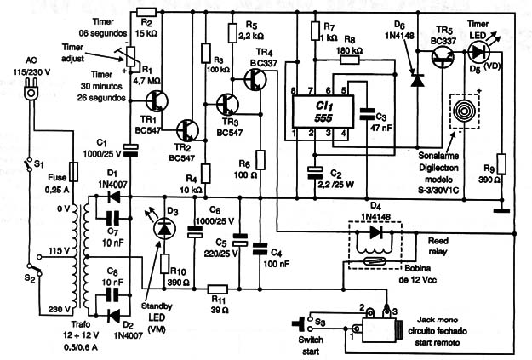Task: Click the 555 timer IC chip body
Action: pos(323,112)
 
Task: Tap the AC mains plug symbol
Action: pos(31,89)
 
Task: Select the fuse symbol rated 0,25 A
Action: pos(73,172)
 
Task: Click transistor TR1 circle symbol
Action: pos(157,100)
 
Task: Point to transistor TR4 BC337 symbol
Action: pos(255,79)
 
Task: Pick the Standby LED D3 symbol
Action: pos(164,228)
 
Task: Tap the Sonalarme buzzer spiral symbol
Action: pos(464,111)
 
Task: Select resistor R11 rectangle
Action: pos(218,289)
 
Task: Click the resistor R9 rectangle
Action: pos(501,164)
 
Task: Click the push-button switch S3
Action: pos(303,323)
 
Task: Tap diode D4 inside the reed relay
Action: pos(375,232)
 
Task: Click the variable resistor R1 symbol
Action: pos(130,57)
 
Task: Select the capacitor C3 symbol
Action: pos(367,114)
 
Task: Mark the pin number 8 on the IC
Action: pos(294,90)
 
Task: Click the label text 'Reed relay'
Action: pos(438,246)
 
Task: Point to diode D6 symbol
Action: pos(417,80)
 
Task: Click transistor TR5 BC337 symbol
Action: pos(443,57)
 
